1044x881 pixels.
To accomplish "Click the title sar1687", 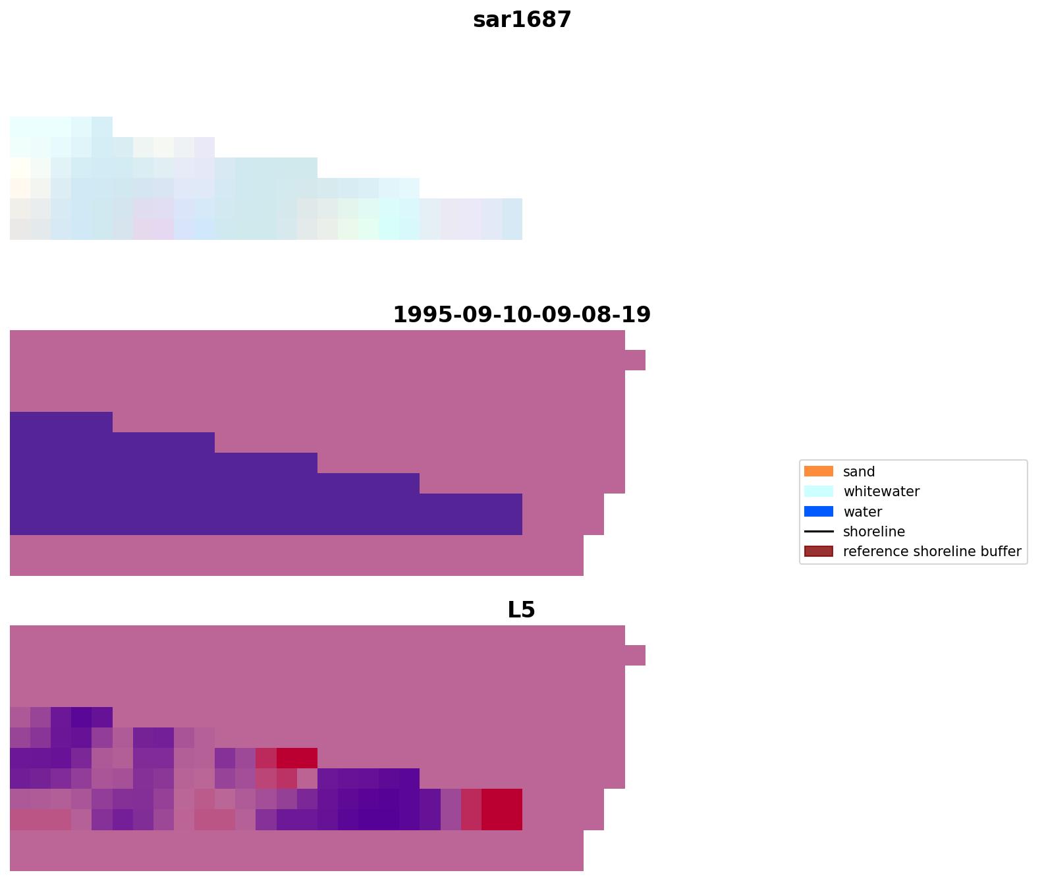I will [x=522, y=20].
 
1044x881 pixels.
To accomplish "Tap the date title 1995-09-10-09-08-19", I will [x=522, y=315].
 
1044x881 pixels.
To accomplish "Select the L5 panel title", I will [x=521, y=610].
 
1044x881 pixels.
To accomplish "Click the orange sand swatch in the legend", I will [x=818, y=471].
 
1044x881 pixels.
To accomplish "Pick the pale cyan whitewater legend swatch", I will [x=818, y=492].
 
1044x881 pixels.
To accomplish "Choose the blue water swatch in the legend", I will [x=818, y=511].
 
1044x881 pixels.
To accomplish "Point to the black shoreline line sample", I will [x=818, y=531].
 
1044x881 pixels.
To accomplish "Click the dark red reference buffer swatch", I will [x=818, y=552].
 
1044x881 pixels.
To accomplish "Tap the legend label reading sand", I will [x=859, y=472].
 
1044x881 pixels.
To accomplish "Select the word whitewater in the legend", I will [x=881, y=492].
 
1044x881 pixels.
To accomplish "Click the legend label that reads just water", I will [x=862, y=512].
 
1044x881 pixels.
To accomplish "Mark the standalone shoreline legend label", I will [x=874, y=532].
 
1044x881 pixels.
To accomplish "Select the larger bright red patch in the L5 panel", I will [x=502, y=809].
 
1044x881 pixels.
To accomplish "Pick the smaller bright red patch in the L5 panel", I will [x=296, y=758].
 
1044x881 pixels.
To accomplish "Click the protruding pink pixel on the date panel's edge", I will [x=635, y=360].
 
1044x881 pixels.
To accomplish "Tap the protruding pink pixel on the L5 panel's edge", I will [x=635, y=655].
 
